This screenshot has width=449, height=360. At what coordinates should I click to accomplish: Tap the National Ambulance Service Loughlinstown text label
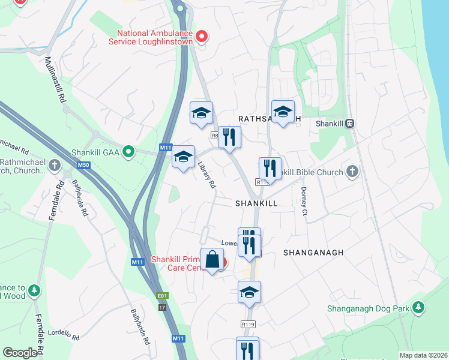[x=155, y=37]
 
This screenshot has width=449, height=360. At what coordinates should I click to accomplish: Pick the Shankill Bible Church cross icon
[x=352, y=172]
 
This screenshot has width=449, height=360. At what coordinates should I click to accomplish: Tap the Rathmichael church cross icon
[x=55, y=164]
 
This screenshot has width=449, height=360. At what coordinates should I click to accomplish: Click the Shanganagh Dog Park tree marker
[x=418, y=308]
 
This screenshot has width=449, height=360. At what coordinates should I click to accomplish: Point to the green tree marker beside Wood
[x=34, y=290]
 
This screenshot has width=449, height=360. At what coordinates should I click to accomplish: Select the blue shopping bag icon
[x=212, y=260]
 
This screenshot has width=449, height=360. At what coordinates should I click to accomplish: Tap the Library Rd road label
[x=206, y=176]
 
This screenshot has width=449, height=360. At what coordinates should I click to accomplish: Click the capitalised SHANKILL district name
[x=257, y=203]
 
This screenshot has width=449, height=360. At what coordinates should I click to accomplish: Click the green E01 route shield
[x=161, y=296]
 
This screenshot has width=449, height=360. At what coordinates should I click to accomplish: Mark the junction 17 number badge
[x=161, y=307]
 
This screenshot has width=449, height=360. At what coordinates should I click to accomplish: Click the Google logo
[x=20, y=353]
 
